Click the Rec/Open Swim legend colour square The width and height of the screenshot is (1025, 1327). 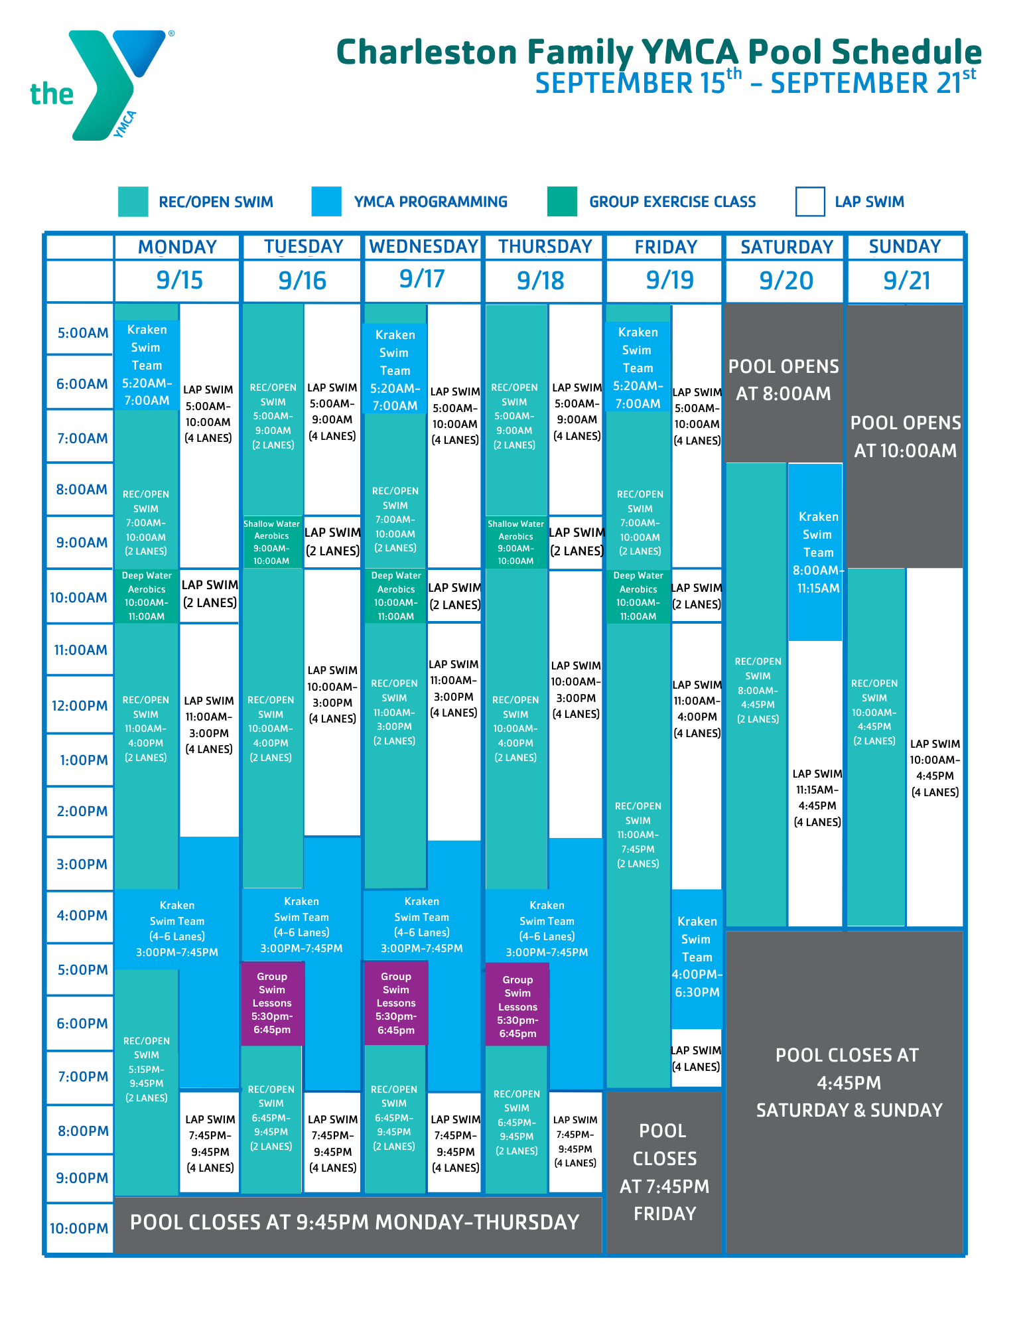click(x=133, y=202)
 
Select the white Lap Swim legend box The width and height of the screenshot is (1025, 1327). click(x=809, y=202)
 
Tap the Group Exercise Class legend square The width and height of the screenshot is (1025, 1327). click(x=562, y=202)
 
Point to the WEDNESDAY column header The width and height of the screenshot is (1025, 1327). click(x=423, y=247)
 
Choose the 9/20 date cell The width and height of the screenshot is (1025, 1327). click(x=786, y=281)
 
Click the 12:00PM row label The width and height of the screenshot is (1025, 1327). click(x=80, y=705)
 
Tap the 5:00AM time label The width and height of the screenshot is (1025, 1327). click(x=82, y=332)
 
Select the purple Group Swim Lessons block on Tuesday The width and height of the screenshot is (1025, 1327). click(x=272, y=1003)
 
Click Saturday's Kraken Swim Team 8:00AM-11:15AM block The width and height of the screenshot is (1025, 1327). click(x=817, y=552)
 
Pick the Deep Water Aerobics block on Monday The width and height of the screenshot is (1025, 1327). click(x=147, y=596)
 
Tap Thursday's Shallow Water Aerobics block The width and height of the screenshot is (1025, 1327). click(x=515, y=542)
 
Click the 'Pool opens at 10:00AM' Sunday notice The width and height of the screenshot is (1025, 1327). click(x=905, y=437)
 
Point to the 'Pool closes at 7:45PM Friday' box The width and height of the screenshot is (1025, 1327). click(x=664, y=1172)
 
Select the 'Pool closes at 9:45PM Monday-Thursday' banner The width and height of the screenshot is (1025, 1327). click(x=355, y=1222)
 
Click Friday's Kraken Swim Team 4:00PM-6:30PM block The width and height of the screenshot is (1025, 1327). click(x=697, y=957)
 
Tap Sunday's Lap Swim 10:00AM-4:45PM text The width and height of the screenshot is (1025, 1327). click(x=935, y=768)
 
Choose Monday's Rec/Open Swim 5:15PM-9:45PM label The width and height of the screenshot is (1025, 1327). click(x=147, y=1069)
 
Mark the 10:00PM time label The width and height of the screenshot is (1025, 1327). click(x=79, y=1228)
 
